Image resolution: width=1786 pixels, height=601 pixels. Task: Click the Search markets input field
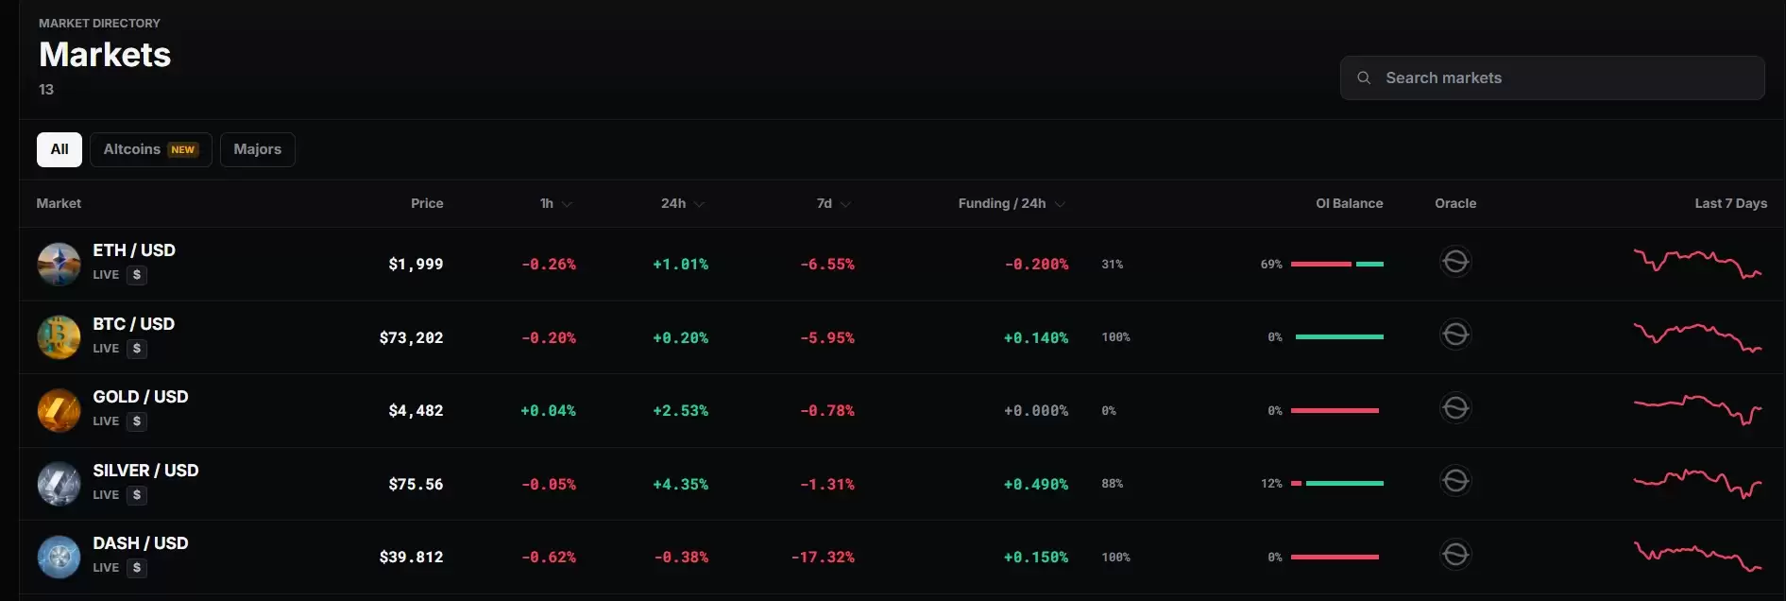[1552, 77]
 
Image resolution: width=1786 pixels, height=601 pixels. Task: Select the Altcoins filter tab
[151, 149]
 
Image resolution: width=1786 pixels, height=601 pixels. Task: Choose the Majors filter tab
[258, 149]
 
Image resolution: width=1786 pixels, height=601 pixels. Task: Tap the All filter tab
[60, 149]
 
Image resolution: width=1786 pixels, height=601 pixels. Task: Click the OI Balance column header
[1349, 203]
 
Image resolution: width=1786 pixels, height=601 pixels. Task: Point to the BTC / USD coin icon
[59, 337]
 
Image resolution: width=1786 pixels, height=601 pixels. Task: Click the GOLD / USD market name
[141, 397]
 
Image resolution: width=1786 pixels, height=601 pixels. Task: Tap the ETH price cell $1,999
[416, 265]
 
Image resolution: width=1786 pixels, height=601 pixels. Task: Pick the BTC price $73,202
[411, 337]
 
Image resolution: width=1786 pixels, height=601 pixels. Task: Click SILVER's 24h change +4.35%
[680, 484]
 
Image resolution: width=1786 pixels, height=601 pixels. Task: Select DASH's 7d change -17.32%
[823, 558]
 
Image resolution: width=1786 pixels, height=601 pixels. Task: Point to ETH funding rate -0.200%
[1036, 265]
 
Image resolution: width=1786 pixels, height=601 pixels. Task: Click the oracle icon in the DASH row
[1455, 555]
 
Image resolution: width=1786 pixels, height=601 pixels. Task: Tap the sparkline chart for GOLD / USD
[1698, 409]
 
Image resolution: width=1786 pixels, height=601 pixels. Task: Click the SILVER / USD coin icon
[59, 484]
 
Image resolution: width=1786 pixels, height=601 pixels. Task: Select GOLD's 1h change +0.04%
[548, 411]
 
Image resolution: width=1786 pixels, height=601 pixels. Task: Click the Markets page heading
[105, 55]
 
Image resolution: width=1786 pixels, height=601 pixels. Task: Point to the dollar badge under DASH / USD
[137, 568]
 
